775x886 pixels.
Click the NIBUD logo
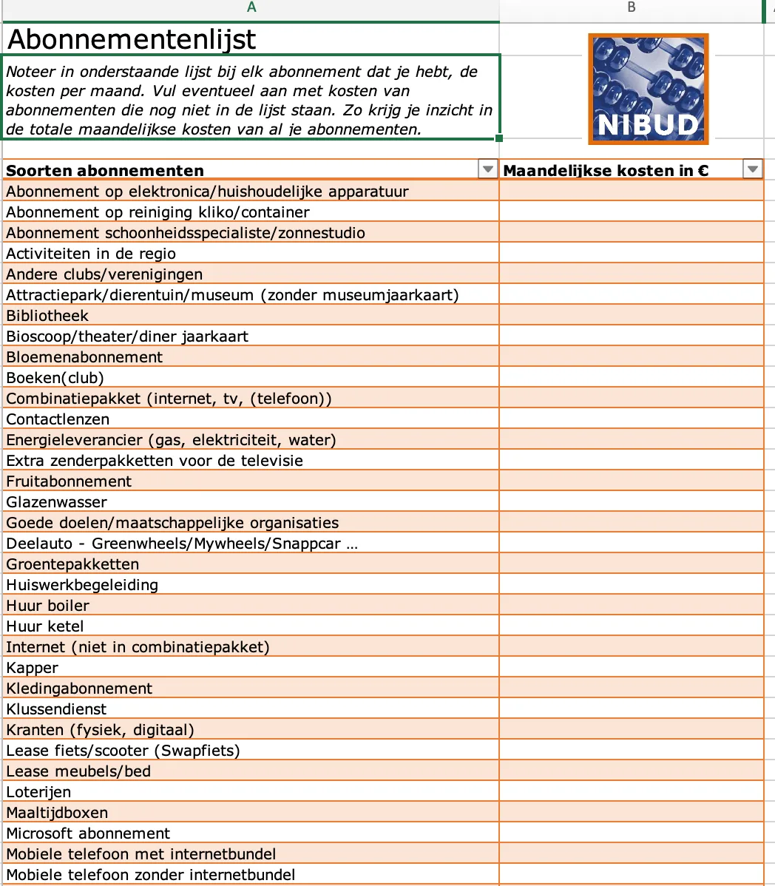click(648, 89)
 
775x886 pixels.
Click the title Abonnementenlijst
click(132, 38)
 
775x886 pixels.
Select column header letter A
click(251, 7)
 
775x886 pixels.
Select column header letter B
click(631, 7)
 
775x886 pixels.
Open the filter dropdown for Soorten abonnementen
click(487, 170)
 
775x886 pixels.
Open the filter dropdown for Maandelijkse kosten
click(752, 170)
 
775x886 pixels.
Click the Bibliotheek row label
click(47, 316)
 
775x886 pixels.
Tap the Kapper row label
click(32, 668)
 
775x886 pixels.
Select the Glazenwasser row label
click(56, 502)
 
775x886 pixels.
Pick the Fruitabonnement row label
click(69, 481)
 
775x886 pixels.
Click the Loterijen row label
click(38, 792)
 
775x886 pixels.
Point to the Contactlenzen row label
click(58, 419)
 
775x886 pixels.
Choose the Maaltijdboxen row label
click(57, 813)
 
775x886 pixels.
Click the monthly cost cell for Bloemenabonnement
click(631, 357)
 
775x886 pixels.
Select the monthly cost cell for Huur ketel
click(631, 626)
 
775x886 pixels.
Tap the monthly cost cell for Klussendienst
click(631, 709)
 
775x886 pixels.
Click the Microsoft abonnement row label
click(88, 833)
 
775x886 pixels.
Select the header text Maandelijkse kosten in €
click(606, 170)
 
